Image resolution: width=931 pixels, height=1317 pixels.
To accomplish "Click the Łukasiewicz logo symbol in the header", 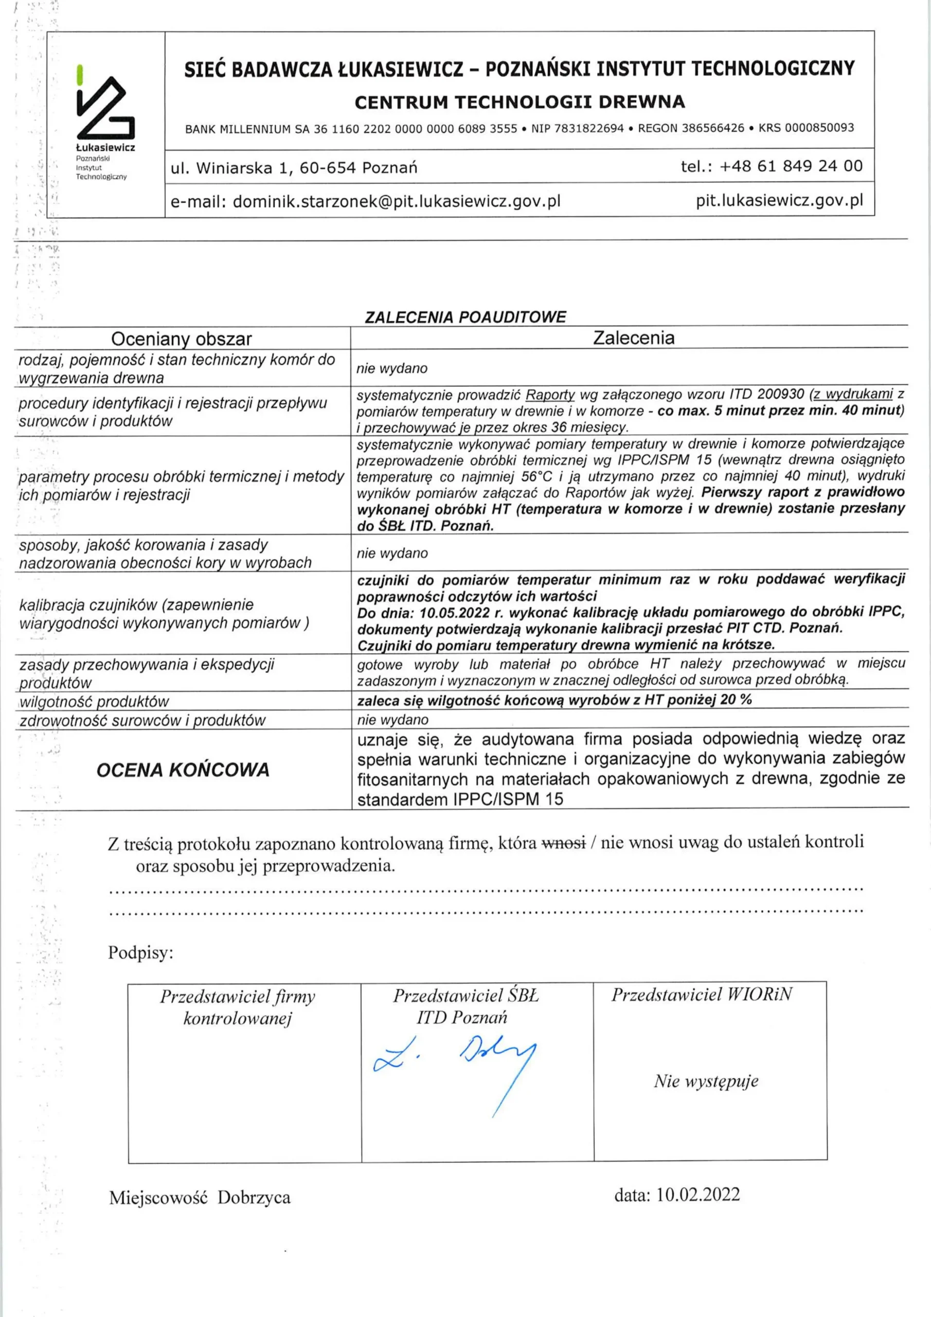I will click(105, 106).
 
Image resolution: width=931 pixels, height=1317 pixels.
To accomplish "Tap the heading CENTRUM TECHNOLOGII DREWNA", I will click(519, 102).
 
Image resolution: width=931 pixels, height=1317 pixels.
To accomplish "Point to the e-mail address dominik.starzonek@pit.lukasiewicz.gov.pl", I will click(397, 201).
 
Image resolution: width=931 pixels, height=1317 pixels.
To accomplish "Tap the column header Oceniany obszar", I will click(181, 339).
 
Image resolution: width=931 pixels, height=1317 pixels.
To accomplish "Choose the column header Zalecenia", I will click(633, 338).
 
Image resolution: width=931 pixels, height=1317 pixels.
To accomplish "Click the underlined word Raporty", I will click(549, 395).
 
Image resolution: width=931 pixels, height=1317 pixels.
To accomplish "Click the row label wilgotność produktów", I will click(95, 702).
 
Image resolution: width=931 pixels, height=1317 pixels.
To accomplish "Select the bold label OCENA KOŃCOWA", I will click(183, 770).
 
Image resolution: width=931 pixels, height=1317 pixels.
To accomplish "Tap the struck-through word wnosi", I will click(563, 843).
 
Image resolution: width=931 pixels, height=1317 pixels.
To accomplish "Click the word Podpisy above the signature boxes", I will click(140, 953).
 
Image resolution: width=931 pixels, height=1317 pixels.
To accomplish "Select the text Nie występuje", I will click(706, 1081).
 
